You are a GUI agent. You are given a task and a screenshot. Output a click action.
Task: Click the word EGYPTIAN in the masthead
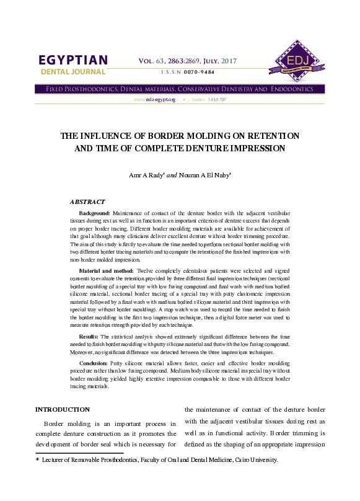[73, 60]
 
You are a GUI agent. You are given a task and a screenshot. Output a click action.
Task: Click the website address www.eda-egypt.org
[154, 100]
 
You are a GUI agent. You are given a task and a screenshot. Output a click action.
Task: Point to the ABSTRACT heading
[87, 202]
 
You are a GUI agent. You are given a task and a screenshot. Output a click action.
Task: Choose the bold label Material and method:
[107, 272]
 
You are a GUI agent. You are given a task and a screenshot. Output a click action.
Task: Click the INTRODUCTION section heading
[63, 410]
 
